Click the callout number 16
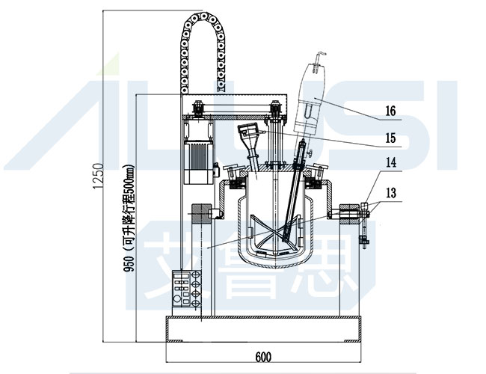tap(390, 111)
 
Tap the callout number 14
tap(390, 162)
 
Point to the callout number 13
tap(390, 191)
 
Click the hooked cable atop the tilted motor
tap(319, 56)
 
